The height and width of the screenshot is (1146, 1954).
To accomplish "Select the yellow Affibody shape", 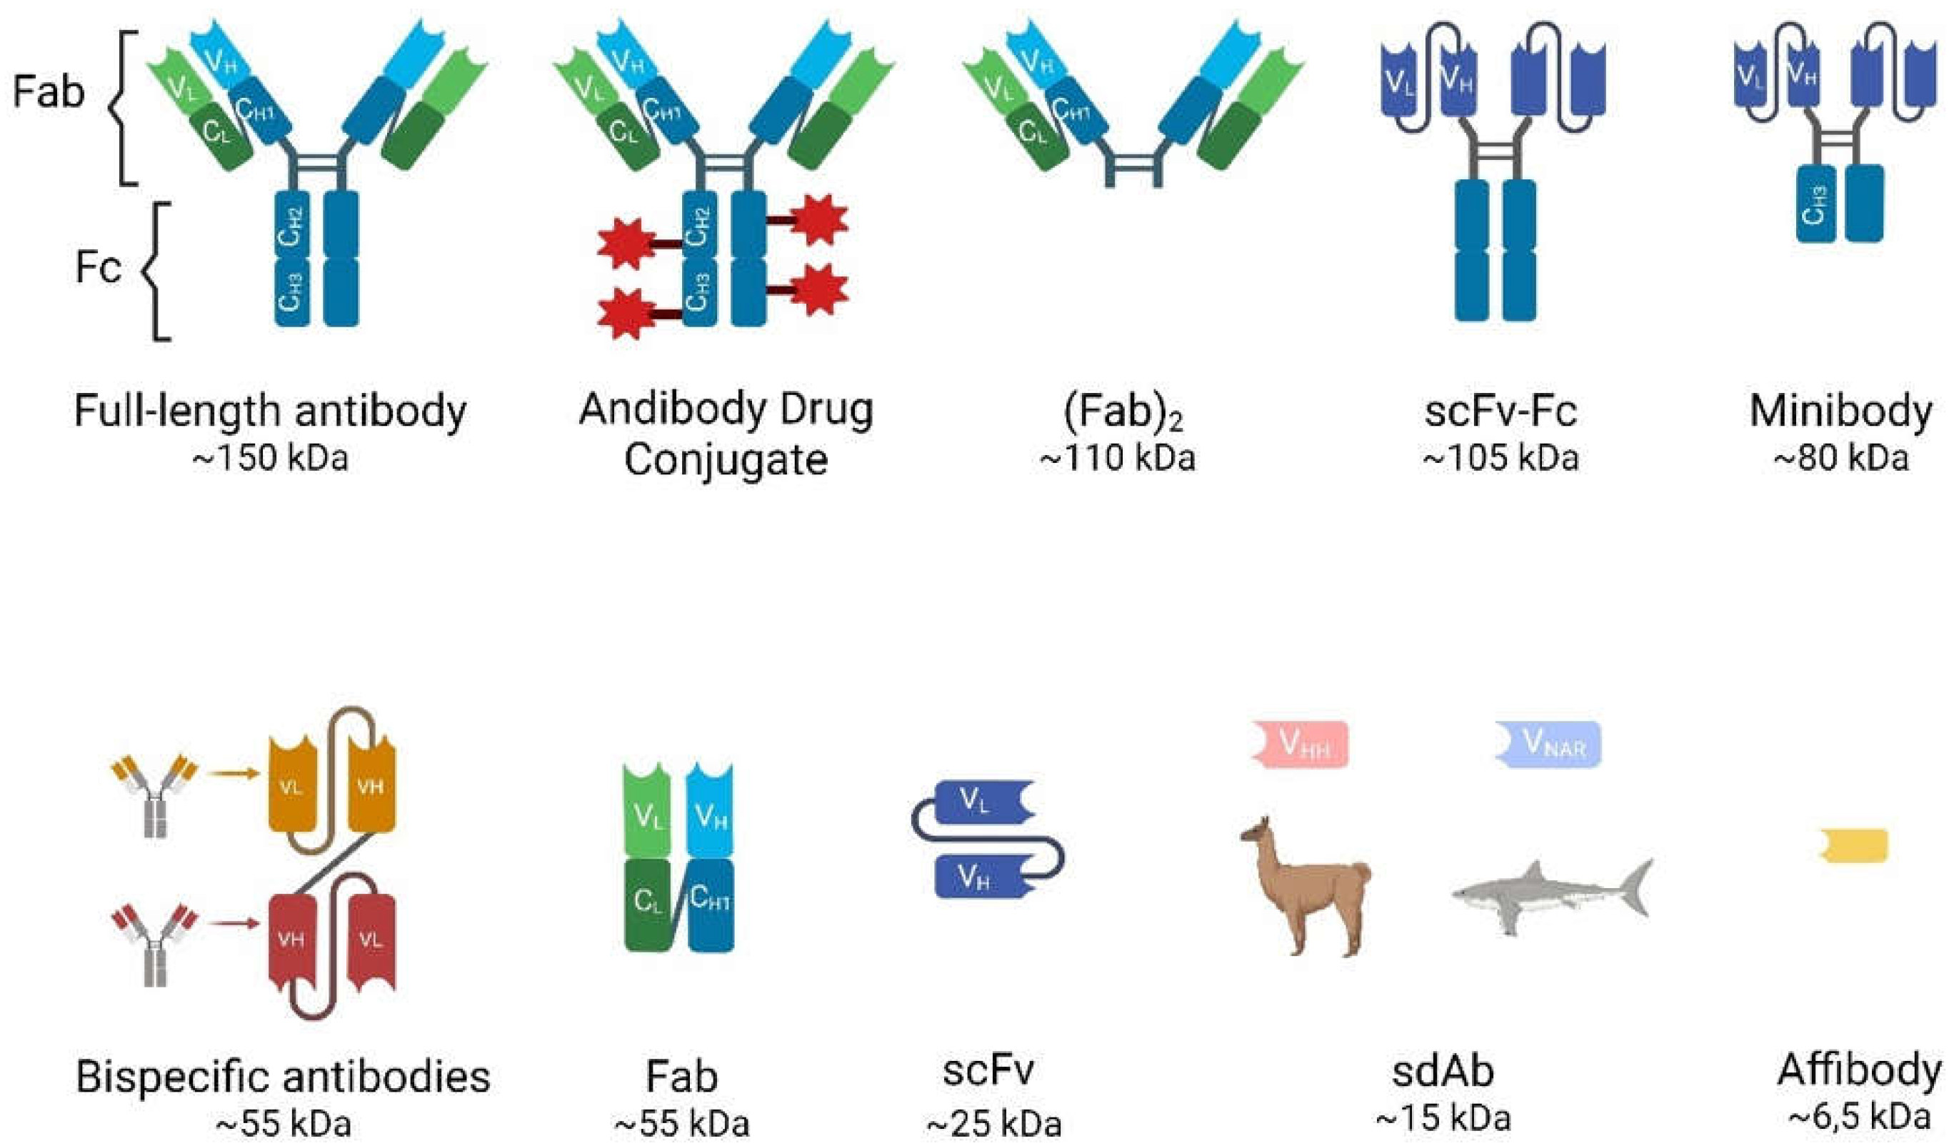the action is [1855, 846].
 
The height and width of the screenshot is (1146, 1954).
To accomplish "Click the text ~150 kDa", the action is [270, 459].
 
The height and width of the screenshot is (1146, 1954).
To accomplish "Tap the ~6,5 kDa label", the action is [1858, 1117].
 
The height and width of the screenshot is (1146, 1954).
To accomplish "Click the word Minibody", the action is [1840, 412].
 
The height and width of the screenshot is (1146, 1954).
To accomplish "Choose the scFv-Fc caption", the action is [1500, 412].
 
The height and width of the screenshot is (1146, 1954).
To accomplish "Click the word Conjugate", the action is [726, 460].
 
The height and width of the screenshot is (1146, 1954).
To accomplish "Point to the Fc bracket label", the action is [99, 268].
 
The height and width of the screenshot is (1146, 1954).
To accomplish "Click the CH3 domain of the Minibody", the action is [1815, 204].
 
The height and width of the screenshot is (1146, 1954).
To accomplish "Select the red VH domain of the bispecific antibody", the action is [291, 940].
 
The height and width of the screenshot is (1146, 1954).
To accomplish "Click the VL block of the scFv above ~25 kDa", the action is [980, 802].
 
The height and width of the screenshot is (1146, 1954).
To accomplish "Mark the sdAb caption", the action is [1442, 1072].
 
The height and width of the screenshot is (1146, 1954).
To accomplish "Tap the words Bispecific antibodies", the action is [283, 1076].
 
